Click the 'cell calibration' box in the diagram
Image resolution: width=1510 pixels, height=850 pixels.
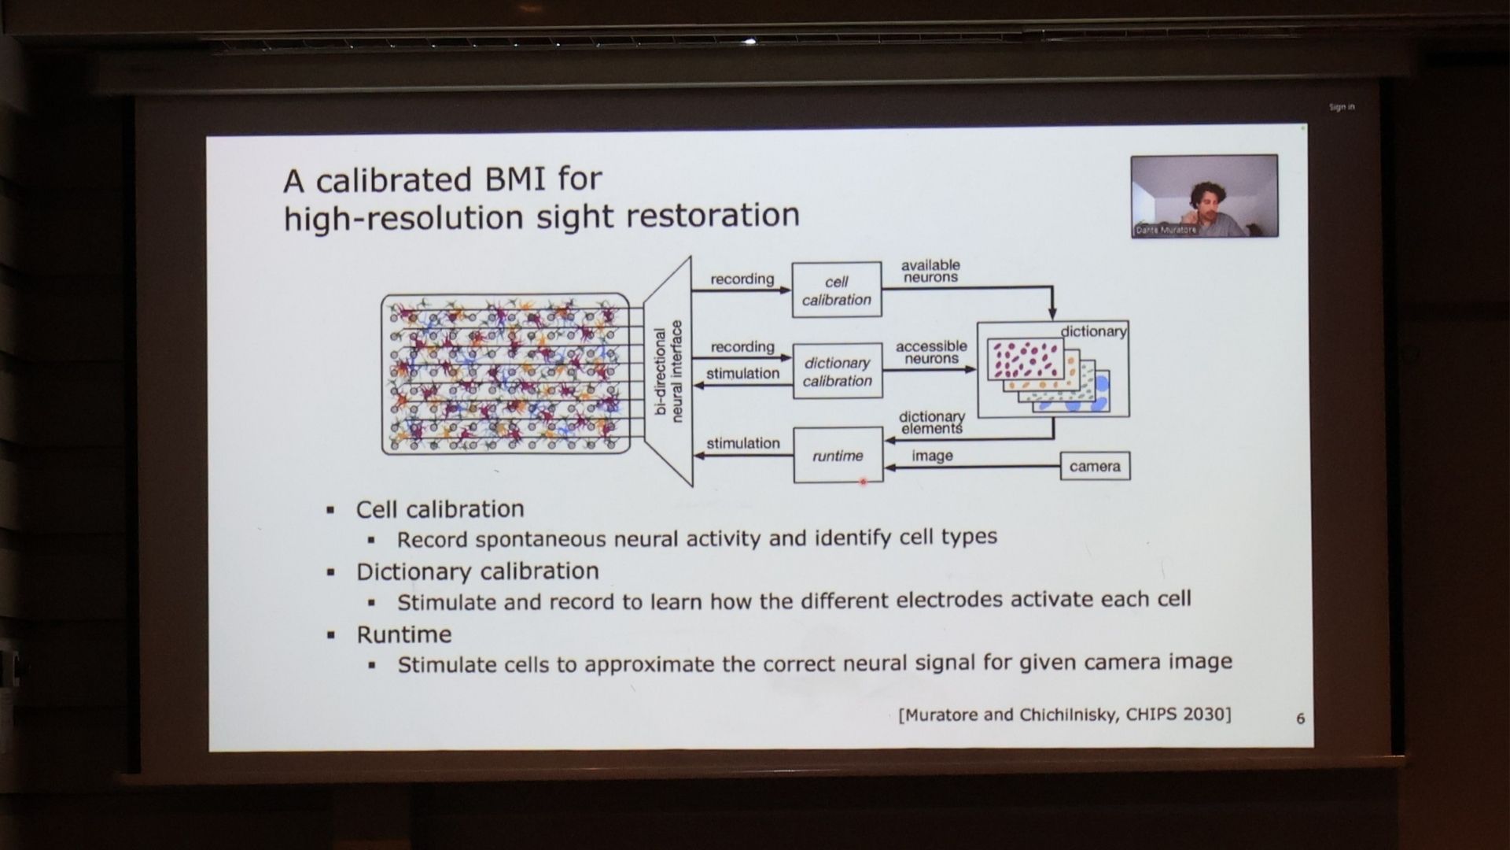(x=836, y=290)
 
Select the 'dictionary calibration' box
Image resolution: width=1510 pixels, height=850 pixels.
(x=837, y=371)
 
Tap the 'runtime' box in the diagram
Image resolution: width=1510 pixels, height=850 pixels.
(x=838, y=456)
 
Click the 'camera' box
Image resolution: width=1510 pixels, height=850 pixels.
(x=1095, y=466)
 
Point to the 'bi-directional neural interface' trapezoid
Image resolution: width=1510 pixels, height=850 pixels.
(x=668, y=371)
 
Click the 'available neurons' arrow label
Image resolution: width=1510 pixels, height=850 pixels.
(x=930, y=272)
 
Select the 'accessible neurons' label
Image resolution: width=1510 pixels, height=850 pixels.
(x=931, y=353)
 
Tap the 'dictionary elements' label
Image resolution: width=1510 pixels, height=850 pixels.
(x=932, y=423)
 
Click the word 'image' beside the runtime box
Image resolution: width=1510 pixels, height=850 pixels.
(x=932, y=456)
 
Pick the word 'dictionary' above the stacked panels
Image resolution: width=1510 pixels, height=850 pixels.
(x=1093, y=331)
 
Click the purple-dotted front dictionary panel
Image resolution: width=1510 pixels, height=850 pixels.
(x=1025, y=360)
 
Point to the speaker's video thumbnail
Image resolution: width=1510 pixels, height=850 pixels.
(x=1203, y=195)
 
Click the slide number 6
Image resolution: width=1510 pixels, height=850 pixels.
(x=1300, y=718)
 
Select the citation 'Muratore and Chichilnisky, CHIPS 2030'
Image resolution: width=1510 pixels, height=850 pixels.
(x=1065, y=715)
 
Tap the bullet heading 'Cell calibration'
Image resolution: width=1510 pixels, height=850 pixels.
(x=440, y=509)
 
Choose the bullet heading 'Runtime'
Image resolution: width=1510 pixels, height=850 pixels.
(x=404, y=634)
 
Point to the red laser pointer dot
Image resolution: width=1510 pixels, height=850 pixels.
(x=864, y=481)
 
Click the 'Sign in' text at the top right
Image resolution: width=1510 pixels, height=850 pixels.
(x=1341, y=107)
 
